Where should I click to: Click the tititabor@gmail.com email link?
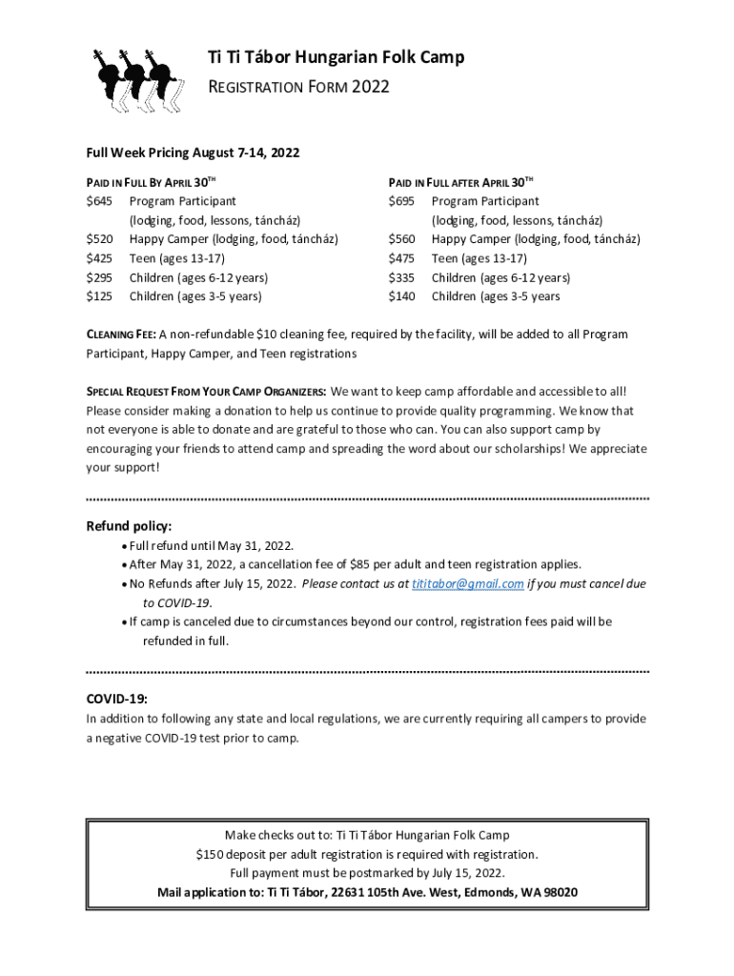click(467, 583)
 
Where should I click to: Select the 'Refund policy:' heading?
click(130, 526)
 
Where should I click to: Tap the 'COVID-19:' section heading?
click(117, 699)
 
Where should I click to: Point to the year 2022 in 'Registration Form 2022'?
click(371, 88)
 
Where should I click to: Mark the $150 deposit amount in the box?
click(209, 854)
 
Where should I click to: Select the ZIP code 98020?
click(557, 893)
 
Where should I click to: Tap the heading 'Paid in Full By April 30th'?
click(149, 181)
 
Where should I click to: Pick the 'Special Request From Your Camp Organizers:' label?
click(206, 392)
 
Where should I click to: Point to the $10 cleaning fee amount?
click(255, 335)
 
